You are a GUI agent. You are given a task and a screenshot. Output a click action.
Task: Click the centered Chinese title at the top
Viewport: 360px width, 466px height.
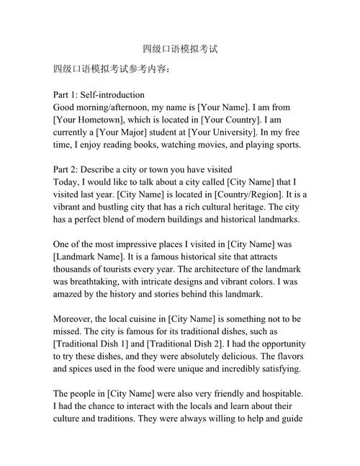[x=180, y=50]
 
